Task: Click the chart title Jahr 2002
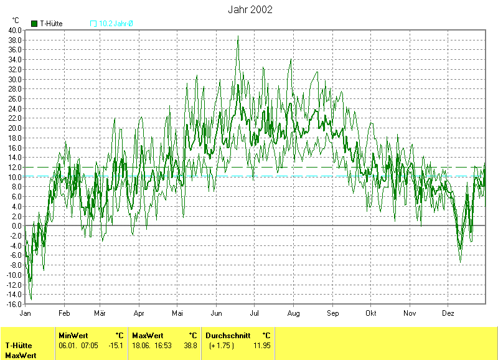tap(250, 10)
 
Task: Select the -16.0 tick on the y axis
tap(14, 305)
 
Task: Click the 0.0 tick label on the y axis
tap(16, 226)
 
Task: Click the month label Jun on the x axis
tap(217, 313)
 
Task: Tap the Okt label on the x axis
tap(371, 313)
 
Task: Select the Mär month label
tap(100, 313)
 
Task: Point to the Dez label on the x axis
tap(448, 313)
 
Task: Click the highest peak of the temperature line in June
tap(238, 36)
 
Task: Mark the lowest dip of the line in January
tap(31, 300)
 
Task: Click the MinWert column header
tap(73, 335)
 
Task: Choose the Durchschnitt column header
tap(228, 335)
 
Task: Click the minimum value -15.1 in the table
tap(116, 346)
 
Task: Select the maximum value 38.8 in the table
tap(190, 346)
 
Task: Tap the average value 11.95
tap(262, 346)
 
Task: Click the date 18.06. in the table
tap(141, 346)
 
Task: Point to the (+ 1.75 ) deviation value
tap(221, 346)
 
